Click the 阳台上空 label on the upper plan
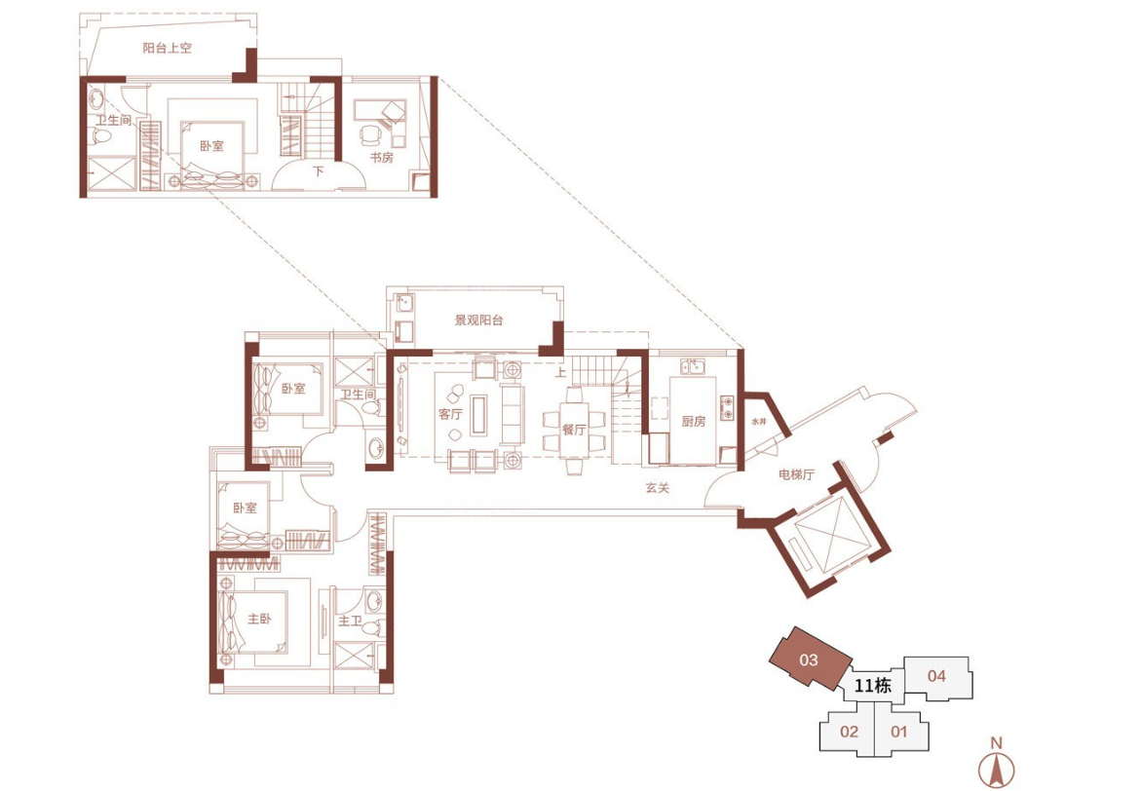pyautogui.click(x=167, y=48)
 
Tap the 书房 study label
pyautogui.click(x=381, y=157)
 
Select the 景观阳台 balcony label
pyautogui.click(x=478, y=320)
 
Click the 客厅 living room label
pyautogui.click(x=450, y=414)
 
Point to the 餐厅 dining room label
pyautogui.click(x=573, y=430)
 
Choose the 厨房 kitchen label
pyautogui.click(x=694, y=421)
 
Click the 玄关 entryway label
pyautogui.click(x=657, y=487)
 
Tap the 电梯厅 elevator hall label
pyautogui.click(x=796, y=474)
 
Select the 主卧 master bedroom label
pyautogui.click(x=259, y=618)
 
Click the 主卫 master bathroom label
pyautogui.click(x=349, y=621)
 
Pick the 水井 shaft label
pyautogui.click(x=759, y=422)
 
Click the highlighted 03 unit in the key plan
pyautogui.click(x=810, y=659)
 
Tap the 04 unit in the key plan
pyautogui.click(x=937, y=676)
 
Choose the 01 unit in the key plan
pyautogui.click(x=900, y=732)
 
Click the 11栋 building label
pyautogui.click(x=873, y=686)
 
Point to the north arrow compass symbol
pyautogui.click(x=996, y=764)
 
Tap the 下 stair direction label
pyautogui.click(x=318, y=171)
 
